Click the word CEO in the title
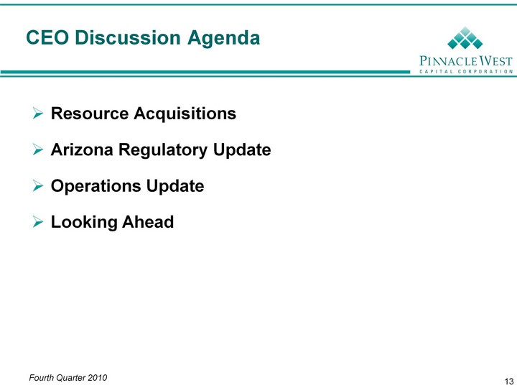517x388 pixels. pyautogui.click(x=47, y=37)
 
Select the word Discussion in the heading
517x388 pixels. pyautogui.click(x=128, y=37)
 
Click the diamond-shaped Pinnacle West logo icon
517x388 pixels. pyautogui.click(x=465, y=37)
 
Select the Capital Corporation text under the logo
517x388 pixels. pyautogui.click(x=466, y=71)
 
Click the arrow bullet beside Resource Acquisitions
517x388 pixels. pyautogui.click(x=38, y=114)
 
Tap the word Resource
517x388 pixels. pyautogui.click(x=90, y=114)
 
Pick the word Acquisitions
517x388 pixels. pyautogui.click(x=185, y=114)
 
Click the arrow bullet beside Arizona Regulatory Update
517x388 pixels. pyautogui.click(x=38, y=149)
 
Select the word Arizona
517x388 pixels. pyautogui.click(x=82, y=149)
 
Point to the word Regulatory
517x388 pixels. pyautogui.click(x=163, y=150)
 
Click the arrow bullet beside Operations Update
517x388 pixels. pyautogui.click(x=38, y=186)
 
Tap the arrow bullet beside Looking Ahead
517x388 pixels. pyautogui.click(x=38, y=222)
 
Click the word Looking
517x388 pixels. pyautogui.click(x=84, y=223)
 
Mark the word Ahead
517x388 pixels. pyautogui.click(x=148, y=222)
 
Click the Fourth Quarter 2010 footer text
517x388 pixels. pyautogui.click(x=68, y=378)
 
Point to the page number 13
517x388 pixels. pyautogui.click(x=509, y=381)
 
